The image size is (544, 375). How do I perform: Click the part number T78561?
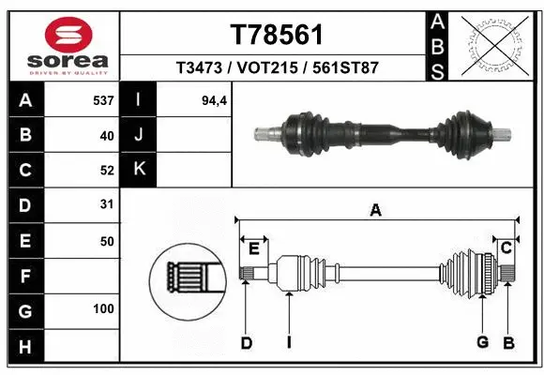click(x=277, y=35)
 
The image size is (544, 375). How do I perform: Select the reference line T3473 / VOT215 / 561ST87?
click(x=277, y=67)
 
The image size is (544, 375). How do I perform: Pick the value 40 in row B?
click(x=106, y=135)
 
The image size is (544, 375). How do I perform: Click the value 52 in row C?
click(x=106, y=171)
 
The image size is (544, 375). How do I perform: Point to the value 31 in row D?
click(x=106, y=203)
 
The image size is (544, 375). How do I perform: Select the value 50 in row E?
click(x=106, y=241)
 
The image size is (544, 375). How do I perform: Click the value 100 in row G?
click(x=103, y=308)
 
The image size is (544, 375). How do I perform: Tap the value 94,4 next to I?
click(x=215, y=98)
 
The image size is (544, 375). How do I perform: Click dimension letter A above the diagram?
click(x=375, y=211)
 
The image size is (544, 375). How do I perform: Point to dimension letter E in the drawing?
click(x=254, y=247)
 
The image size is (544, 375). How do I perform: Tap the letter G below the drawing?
click(x=482, y=343)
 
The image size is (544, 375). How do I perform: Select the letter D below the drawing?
click(x=246, y=343)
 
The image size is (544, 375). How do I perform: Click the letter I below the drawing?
click(x=289, y=343)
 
